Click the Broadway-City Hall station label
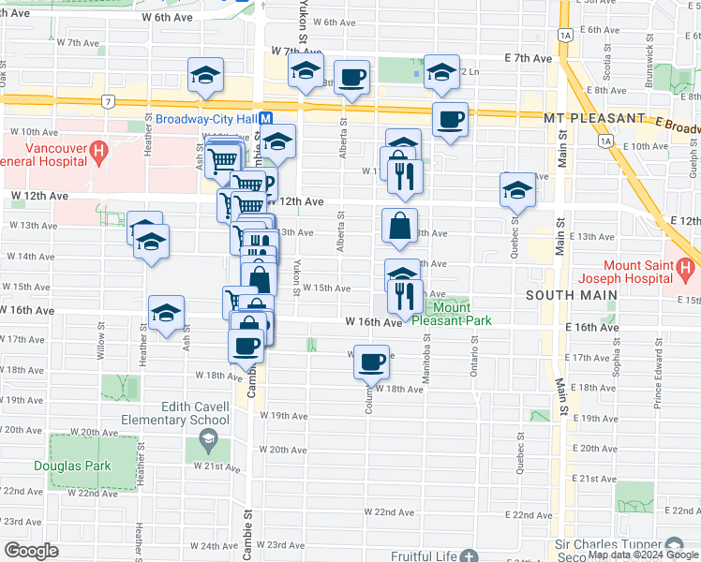(206, 119)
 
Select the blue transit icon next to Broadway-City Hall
(266, 119)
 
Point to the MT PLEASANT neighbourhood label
(594, 119)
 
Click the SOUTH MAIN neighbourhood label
(571, 295)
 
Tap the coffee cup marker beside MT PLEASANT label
(450, 119)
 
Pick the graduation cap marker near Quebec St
(517, 190)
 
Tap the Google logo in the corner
(31, 551)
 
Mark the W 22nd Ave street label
(394, 512)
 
